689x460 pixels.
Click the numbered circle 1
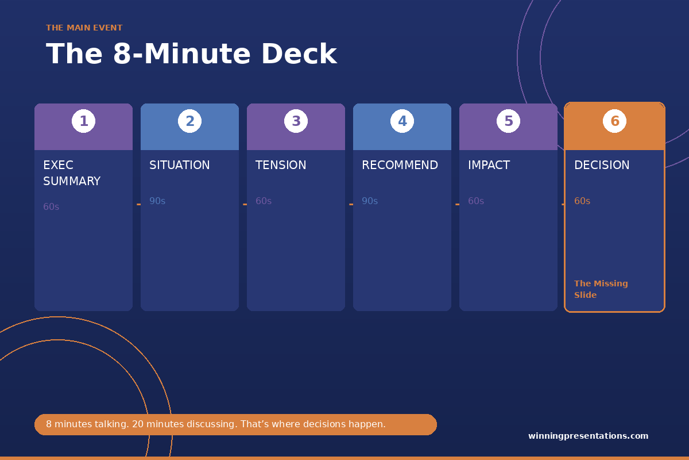(x=83, y=121)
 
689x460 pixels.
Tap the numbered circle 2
(x=190, y=121)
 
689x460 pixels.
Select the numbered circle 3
(x=296, y=121)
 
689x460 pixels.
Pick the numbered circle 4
(x=402, y=121)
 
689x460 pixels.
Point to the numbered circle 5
(x=509, y=121)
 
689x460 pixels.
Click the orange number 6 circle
(x=614, y=121)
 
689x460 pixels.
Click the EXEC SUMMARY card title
(x=72, y=173)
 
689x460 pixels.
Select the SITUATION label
(x=180, y=165)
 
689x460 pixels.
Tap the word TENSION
(x=281, y=165)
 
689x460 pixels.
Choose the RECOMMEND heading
(x=400, y=165)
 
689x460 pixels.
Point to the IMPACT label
(x=489, y=165)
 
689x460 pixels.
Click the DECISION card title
(x=602, y=165)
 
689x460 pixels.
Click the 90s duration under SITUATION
(x=157, y=201)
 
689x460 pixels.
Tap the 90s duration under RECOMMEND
(x=370, y=201)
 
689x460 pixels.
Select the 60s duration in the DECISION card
(x=582, y=201)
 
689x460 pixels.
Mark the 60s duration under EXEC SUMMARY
(x=51, y=207)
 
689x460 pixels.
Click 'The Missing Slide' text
(x=601, y=289)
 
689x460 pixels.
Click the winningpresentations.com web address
(x=588, y=436)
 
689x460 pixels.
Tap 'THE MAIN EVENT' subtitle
(x=84, y=28)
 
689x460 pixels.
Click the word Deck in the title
(x=299, y=54)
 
